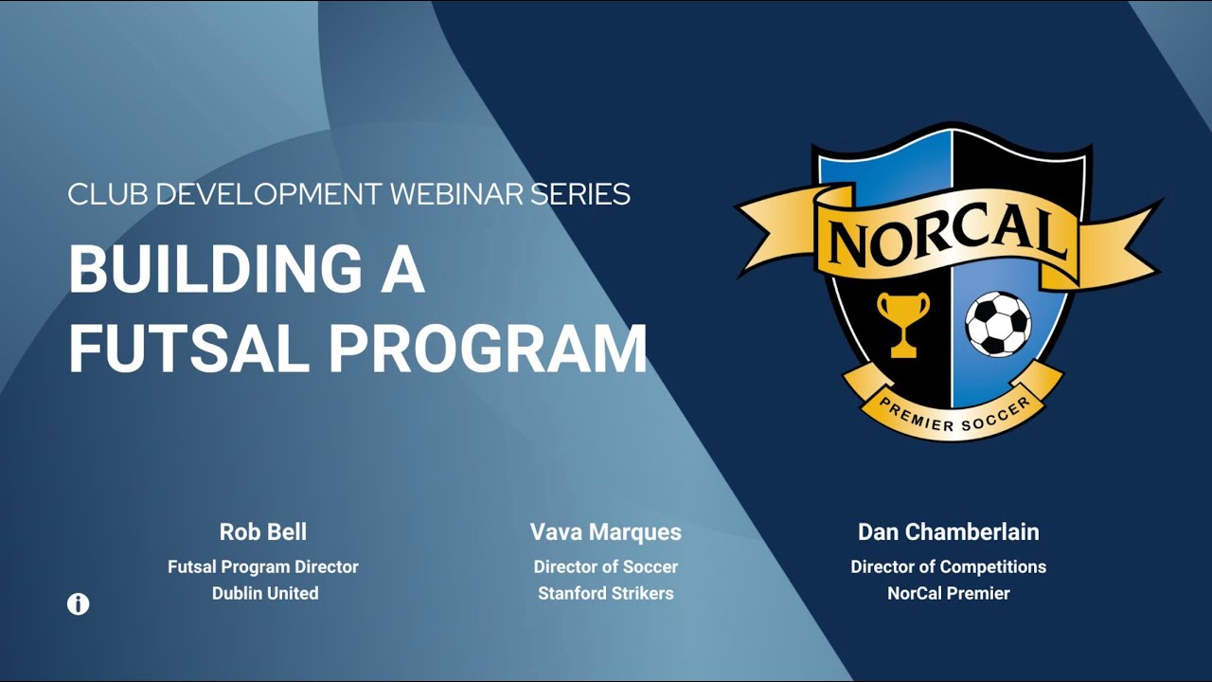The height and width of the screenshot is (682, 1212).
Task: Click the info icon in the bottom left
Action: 79,604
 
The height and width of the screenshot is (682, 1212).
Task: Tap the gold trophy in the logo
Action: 902,323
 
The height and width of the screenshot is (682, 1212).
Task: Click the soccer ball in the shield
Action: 998,323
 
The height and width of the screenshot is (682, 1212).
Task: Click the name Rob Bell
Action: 263,532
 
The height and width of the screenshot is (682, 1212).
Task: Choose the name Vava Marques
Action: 606,532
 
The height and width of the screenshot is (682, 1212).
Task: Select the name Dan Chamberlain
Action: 948,532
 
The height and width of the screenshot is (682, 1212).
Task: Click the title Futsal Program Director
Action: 263,566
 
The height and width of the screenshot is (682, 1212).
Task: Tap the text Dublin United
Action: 265,593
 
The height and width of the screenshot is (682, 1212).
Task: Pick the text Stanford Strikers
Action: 606,593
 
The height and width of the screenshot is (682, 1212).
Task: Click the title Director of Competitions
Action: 948,566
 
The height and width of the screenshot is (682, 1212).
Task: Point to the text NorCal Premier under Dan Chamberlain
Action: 948,593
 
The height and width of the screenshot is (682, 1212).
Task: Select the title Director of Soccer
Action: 606,566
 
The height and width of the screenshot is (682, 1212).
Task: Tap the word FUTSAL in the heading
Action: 189,349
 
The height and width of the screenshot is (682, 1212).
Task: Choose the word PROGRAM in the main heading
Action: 488,349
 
